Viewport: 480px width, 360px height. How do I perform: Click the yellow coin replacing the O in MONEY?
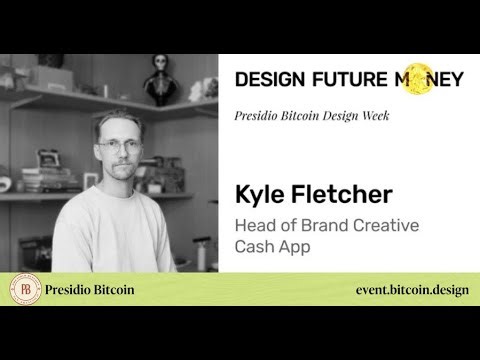coord(414,79)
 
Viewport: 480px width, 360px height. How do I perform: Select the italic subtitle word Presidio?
coord(262,115)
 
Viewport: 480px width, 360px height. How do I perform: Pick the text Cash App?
coord(271,247)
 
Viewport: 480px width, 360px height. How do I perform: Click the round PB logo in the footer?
coord(23,291)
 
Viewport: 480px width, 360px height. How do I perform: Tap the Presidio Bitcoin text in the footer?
coord(90,291)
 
